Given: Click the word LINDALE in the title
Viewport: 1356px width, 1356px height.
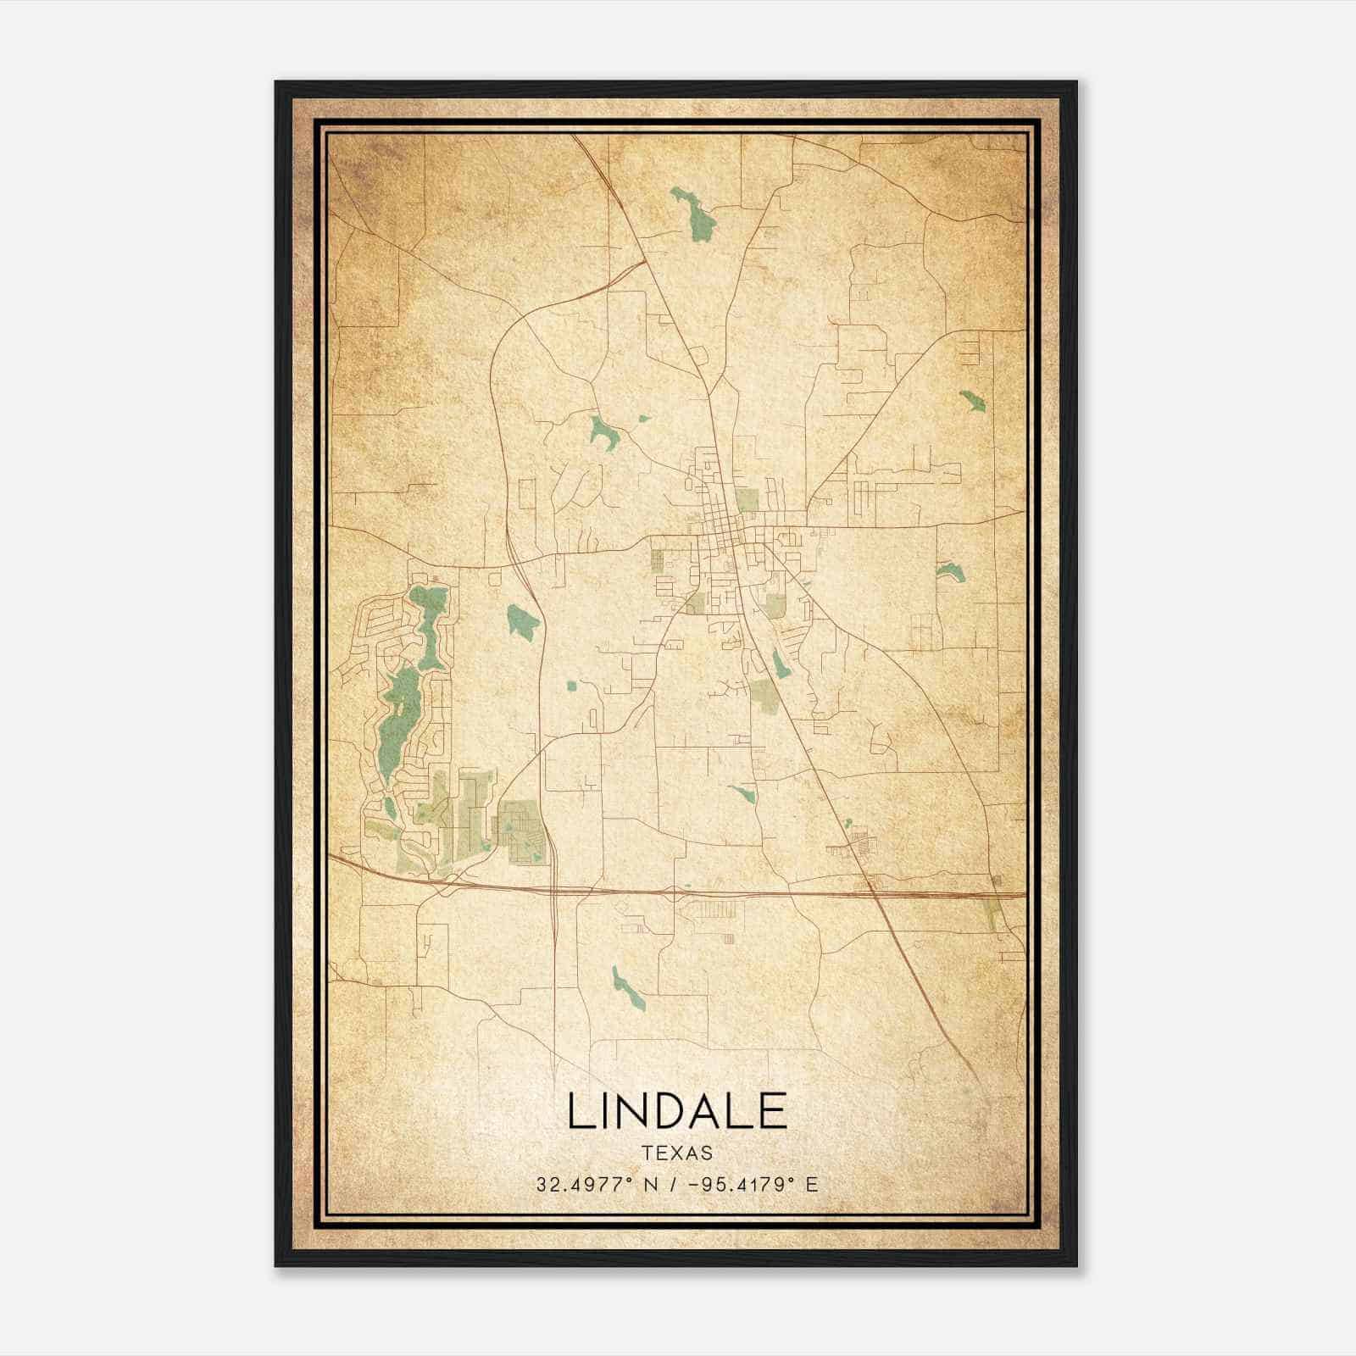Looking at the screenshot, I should (x=677, y=1111).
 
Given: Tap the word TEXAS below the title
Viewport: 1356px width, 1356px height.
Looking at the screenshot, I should (x=677, y=1153).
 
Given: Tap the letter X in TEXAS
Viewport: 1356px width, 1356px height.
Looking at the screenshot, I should (x=678, y=1153).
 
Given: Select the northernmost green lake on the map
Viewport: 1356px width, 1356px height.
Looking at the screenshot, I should (x=693, y=214).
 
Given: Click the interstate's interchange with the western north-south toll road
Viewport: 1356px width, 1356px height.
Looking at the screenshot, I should (x=553, y=889).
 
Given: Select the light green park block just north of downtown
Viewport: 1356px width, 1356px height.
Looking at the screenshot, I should (x=747, y=501).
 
